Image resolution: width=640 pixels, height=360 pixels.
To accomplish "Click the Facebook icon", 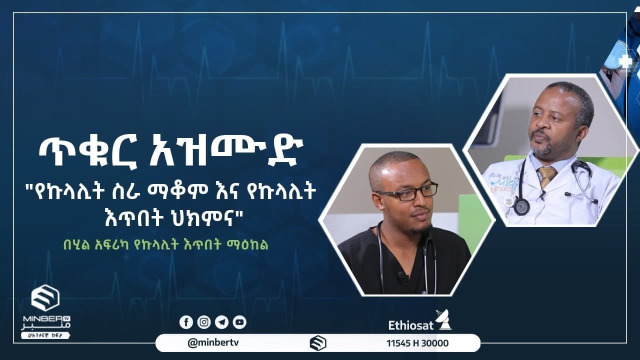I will point(186,322).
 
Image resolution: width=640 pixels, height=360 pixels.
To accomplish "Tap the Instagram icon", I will point(204,322).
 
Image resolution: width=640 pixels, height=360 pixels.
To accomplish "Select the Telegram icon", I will point(221,322).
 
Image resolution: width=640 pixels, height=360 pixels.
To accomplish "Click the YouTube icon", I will point(239,322).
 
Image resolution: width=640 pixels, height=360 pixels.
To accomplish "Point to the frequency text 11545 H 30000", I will point(417,343).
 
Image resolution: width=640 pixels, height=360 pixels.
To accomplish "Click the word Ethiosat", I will point(410,325).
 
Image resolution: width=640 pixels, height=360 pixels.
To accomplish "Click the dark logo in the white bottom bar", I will point(318,343).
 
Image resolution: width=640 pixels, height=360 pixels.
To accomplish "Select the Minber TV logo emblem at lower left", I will point(45,298).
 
